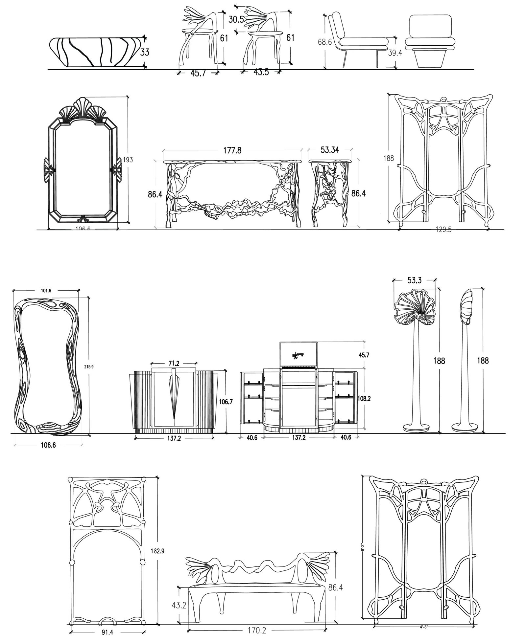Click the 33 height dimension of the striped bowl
pos(145,52)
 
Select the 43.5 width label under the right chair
pos(261,72)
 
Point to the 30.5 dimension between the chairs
pos(236,20)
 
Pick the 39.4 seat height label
pos(395,53)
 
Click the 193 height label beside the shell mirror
pos(128,160)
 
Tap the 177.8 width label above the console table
pos(232,150)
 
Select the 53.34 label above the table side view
pos(330,150)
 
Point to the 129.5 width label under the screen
pos(443,230)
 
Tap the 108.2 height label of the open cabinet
pos(364,398)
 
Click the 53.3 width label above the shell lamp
pos(414,280)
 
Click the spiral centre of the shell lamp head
pos(421,317)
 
